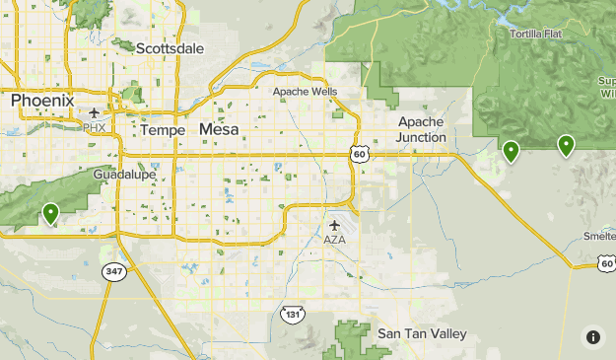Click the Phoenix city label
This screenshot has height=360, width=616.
(42, 101)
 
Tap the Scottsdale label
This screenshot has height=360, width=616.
(170, 47)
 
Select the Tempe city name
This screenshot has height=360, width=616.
(163, 130)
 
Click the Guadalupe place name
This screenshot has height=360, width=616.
(125, 174)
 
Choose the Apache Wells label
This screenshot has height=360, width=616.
(305, 92)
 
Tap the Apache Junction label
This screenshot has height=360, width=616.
(421, 129)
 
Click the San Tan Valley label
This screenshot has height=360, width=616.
(422, 334)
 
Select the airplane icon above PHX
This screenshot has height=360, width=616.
(95, 112)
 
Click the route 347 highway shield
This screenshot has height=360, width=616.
(115, 271)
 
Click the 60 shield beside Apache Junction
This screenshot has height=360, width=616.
(359, 154)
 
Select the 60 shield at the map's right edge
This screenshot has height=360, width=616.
(605, 261)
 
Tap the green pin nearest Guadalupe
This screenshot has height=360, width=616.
(50, 212)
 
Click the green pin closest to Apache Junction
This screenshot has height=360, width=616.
(511, 151)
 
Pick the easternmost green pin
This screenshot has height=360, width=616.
(566, 145)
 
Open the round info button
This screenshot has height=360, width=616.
(592, 336)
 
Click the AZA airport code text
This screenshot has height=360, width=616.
(335, 240)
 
